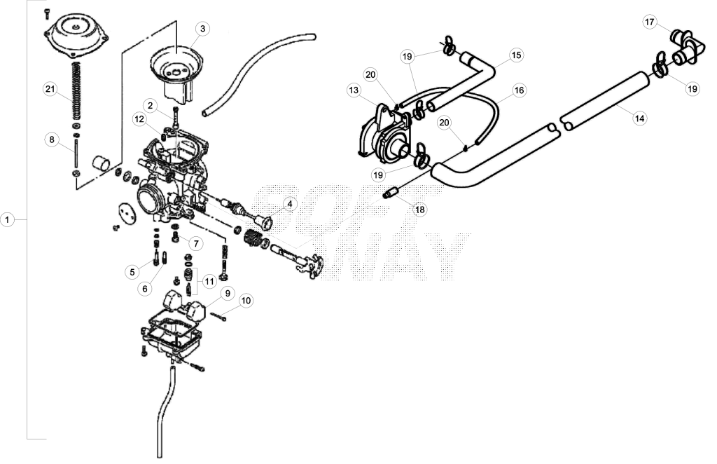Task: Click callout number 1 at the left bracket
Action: (x=7, y=220)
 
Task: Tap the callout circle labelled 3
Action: (x=202, y=29)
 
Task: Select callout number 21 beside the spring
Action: (x=50, y=89)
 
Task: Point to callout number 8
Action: (x=52, y=139)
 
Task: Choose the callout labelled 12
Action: (x=139, y=120)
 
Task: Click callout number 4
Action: (x=289, y=204)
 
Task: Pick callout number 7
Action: (x=196, y=243)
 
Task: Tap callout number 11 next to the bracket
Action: (x=209, y=281)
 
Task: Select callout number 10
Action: (x=246, y=301)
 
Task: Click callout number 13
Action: (x=354, y=90)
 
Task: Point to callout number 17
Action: (x=650, y=22)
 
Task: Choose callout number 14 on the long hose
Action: (x=640, y=118)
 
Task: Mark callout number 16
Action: (x=519, y=90)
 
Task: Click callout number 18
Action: (x=420, y=210)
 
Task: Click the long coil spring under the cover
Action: (x=77, y=90)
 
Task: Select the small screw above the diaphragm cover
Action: (x=46, y=14)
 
